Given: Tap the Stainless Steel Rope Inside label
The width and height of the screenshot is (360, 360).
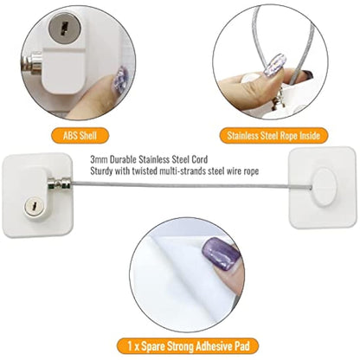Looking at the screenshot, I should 275,135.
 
